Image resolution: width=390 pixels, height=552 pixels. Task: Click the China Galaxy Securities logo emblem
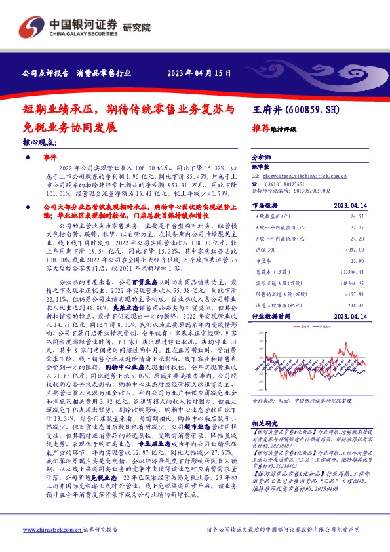(x=32, y=26)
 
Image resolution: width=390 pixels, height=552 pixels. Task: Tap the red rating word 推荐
(x=261, y=129)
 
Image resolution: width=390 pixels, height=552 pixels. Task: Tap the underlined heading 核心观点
(x=39, y=141)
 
